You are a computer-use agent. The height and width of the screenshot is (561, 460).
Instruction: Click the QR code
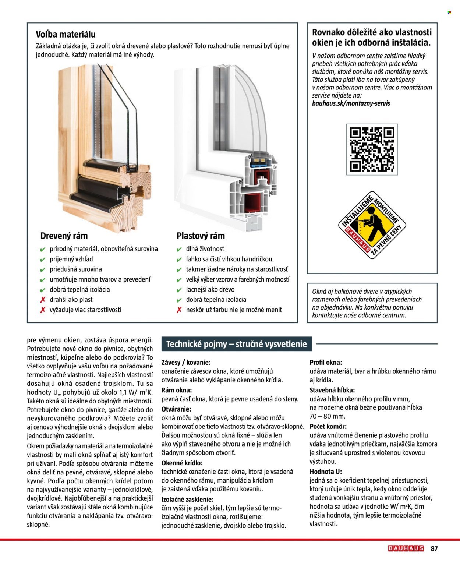(x=372, y=149)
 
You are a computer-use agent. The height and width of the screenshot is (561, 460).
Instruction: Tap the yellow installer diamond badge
(x=372, y=225)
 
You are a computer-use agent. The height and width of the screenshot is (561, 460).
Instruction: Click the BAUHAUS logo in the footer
(x=406, y=548)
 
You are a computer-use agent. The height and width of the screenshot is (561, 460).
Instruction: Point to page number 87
(x=434, y=548)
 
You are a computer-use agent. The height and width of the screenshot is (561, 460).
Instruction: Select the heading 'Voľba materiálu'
(x=66, y=35)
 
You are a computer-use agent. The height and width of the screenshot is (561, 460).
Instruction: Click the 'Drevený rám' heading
(x=64, y=236)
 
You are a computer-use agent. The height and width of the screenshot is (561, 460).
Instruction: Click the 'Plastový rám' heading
(x=201, y=236)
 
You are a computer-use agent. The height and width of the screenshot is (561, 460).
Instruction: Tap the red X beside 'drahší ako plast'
(x=43, y=300)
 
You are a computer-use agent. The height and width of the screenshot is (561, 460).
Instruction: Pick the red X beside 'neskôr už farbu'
(x=179, y=310)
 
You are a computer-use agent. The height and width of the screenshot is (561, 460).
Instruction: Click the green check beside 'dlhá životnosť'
(x=179, y=249)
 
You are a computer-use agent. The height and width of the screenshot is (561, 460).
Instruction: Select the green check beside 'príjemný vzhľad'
(x=43, y=260)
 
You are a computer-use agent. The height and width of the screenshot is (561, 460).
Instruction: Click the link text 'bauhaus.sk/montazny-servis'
(x=351, y=103)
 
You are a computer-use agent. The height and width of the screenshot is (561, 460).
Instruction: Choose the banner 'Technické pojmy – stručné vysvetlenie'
(x=236, y=344)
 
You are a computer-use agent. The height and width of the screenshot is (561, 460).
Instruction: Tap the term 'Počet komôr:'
(x=328, y=427)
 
